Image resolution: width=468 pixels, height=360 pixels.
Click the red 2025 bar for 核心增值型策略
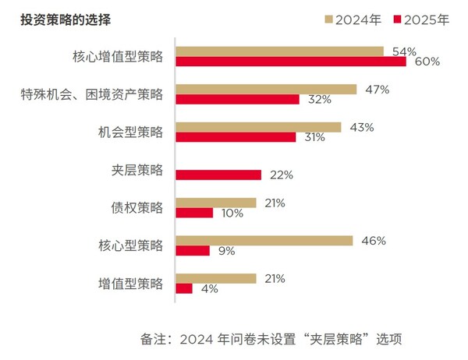pos(291,62)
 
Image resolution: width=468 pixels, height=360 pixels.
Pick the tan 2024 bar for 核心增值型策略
pos(279,51)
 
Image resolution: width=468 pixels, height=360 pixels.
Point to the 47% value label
pos(377,89)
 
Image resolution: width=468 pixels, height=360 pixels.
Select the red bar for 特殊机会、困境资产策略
pos(238,100)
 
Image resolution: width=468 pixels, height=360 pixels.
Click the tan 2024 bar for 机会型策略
pos(258,127)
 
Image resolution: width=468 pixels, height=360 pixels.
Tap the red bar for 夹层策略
pos(218,175)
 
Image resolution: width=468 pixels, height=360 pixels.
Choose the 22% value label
pos(281,175)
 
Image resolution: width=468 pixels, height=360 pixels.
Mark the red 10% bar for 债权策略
pos(194,213)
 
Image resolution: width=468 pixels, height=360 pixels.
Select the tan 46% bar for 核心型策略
pos(264,241)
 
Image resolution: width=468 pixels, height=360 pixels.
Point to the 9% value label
pos(226,251)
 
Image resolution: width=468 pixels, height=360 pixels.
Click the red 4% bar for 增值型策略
pos(184,288)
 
